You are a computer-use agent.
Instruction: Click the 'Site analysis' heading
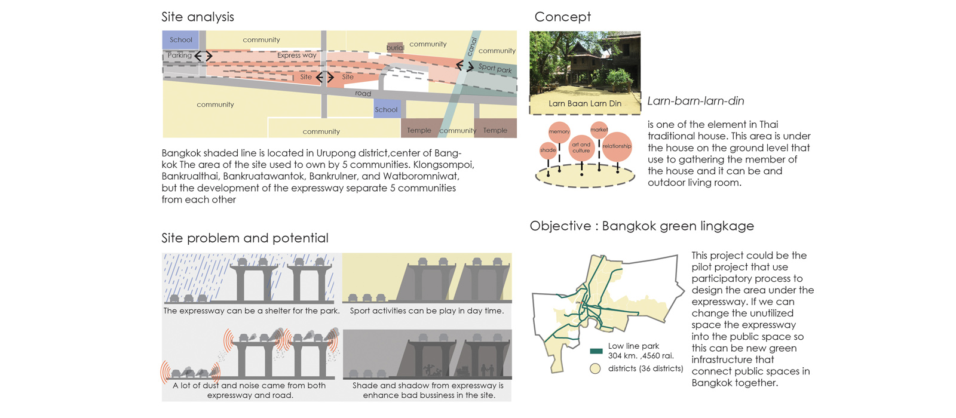click(198, 17)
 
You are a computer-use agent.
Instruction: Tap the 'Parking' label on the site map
click(179, 56)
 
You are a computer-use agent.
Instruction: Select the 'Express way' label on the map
click(296, 56)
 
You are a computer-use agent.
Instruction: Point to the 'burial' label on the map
click(395, 48)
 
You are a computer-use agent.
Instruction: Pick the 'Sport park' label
click(495, 69)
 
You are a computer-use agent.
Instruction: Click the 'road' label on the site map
click(363, 94)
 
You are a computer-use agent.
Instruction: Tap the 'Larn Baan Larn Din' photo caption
click(585, 104)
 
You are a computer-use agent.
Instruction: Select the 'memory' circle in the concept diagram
click(559, 131)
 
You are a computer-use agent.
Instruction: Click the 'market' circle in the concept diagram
click(599, 130)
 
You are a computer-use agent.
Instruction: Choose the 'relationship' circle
click(617, 146)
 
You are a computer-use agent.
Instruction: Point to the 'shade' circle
click(548, 150)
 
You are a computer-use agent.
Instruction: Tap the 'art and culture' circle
click(581, 147)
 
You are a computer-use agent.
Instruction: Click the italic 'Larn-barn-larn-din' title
click(695, 102)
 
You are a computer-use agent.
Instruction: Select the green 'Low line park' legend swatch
click(596, 351)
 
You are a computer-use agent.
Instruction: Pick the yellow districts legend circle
click(595, 369)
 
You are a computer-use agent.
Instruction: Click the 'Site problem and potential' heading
click(245, 238)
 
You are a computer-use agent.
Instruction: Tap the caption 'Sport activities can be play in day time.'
click(427, 311)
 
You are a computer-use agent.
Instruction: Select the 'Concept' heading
click(562, 17)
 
